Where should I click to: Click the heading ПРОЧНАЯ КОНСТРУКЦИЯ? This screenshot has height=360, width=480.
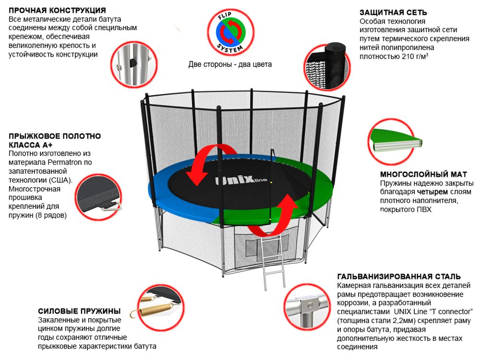tap(58, 10)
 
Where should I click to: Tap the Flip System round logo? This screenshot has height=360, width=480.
tap(229, 33)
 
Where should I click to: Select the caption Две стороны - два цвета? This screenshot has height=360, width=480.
tap(230, 64)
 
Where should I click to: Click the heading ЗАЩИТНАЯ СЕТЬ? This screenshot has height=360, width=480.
tap(393, 12)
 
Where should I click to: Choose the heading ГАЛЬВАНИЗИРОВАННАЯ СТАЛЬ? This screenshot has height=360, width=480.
tap(399, 277)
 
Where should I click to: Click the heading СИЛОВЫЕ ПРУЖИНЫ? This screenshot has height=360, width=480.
tap(79, 311)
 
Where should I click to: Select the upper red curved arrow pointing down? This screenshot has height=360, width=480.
tap(202, 166)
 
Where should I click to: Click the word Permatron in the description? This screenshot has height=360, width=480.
tap(58, 162)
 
